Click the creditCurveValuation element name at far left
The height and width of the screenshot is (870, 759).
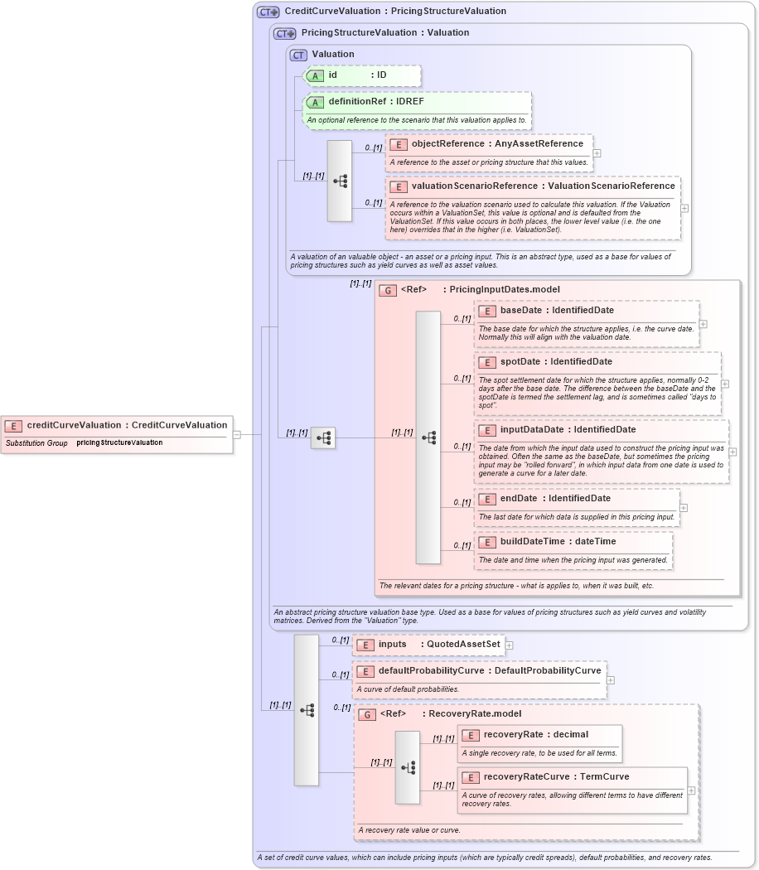[74, 425]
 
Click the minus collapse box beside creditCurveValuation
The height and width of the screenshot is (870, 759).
[236, 433]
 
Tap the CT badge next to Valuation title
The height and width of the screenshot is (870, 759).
[298, 55]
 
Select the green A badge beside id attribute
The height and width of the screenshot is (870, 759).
[315, 75]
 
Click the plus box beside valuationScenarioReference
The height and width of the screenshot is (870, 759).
[684, 208]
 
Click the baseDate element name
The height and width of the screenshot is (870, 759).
[521, 311]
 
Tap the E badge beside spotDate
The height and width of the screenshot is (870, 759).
[487, 362]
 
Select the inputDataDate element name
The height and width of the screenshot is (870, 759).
[532, 430]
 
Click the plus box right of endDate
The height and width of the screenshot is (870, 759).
[684, 508]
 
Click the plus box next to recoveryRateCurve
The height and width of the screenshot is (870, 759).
[691, 790]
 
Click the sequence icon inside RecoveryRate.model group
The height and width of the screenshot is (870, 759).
[408, 767]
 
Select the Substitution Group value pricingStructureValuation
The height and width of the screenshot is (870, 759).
[119, 443]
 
